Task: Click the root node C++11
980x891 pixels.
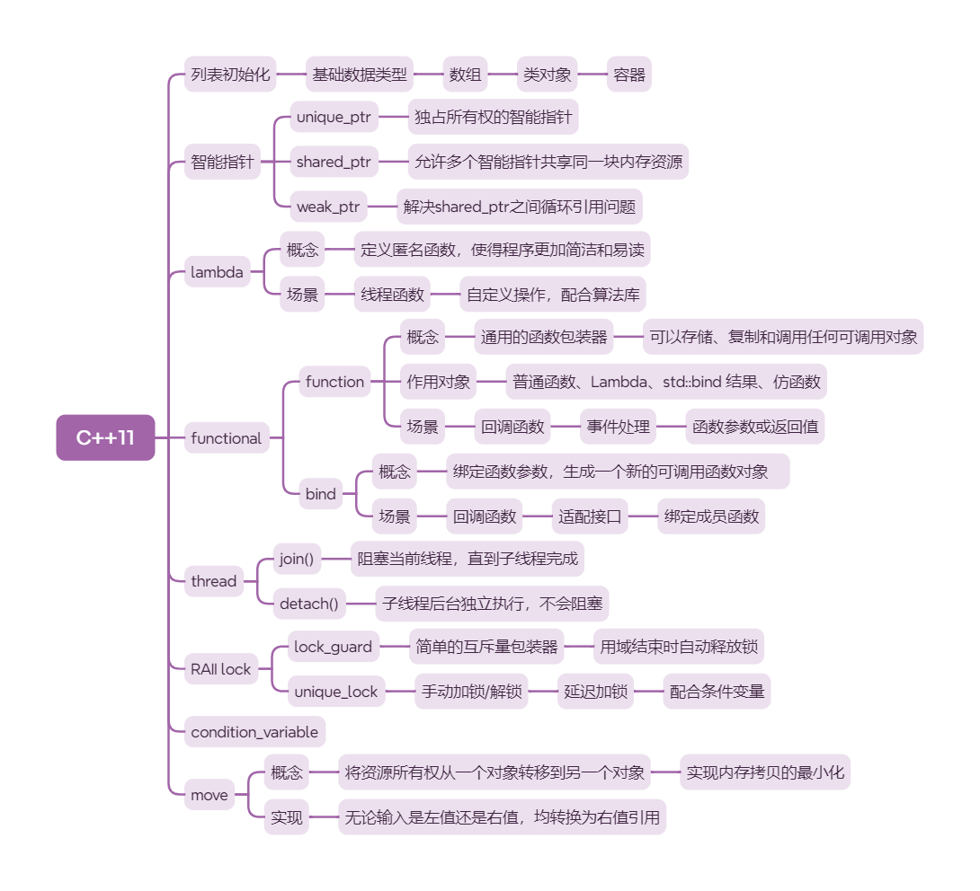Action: click(x=105, y=437)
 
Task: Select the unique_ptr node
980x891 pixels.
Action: click(x=334, y=117)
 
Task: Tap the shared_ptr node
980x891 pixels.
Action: click(x=334, y=163)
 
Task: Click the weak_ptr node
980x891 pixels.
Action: click(x=328, y=207)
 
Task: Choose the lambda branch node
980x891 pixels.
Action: click(x=217, y=272)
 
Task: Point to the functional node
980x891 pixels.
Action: click(x=227, y=438)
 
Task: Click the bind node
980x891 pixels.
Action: click(x=321, y=493)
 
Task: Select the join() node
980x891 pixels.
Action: click(x=297, y=559)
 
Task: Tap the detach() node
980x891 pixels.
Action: click(x=308, y=604)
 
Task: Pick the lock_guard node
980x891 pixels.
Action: click(x=333, y=646)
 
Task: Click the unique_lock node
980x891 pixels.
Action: click(x=336, y=692)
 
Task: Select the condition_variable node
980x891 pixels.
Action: click(x=254, y=732)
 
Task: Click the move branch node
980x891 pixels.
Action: click(x=209, y=794)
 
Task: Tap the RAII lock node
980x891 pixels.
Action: click(x=221, y=668)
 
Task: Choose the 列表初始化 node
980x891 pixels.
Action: click(x=230, y=75)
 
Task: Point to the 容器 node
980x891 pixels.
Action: click(x=629, y=75)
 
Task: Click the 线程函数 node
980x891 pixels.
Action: click(x=392, y=295)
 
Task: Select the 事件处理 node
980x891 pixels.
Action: click(x=618, y=427)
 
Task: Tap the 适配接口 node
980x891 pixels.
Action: click(x=590, y=516)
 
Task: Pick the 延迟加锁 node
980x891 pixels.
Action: click(x=595, y=692)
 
